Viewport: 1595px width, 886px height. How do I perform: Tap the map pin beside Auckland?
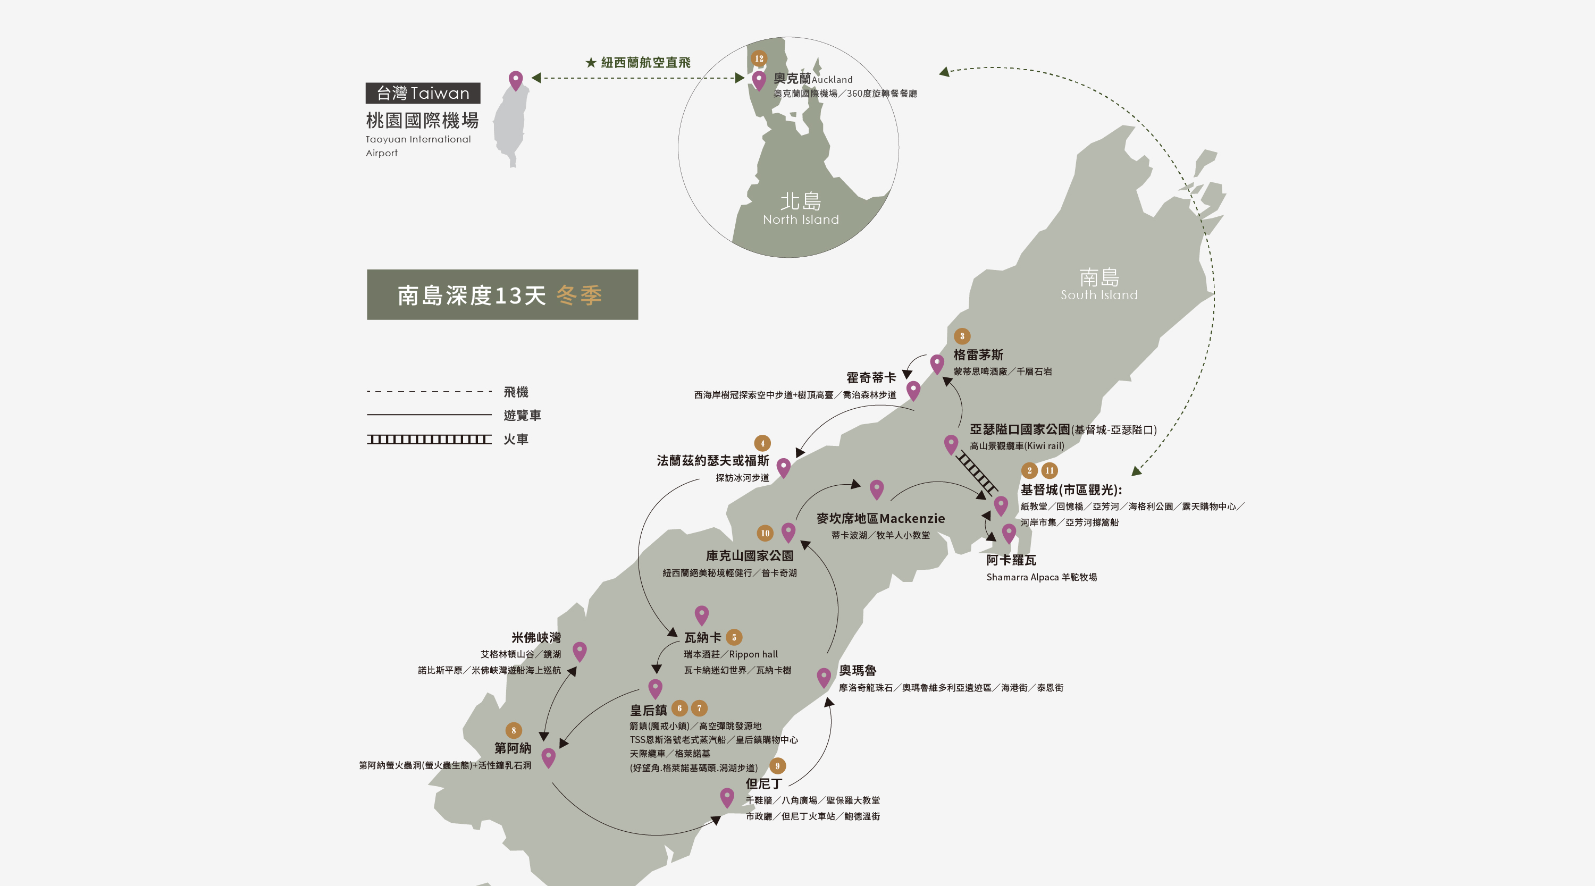(x=759, y=80)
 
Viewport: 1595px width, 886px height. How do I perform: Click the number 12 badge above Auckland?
(x=759, y=58)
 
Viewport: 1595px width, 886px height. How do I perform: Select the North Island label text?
(x=801, y=209)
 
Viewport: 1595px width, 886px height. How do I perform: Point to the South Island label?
(x=1099, y=285)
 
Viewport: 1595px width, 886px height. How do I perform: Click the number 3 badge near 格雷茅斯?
(x=962, y=336)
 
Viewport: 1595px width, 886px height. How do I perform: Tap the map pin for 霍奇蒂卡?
(x=913, y=390)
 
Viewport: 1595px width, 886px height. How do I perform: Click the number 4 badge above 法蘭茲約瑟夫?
(x=762, y=443)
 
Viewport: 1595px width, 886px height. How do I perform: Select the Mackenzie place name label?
(x=880, y=519)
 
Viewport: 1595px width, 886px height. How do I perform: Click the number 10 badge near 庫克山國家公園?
(x=765, y=533)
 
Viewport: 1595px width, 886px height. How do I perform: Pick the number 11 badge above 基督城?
(x=1050, y=470)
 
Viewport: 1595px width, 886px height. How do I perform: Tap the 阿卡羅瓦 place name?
(x=1011, y=560)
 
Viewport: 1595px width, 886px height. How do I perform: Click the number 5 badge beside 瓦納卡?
(x=734, y=637)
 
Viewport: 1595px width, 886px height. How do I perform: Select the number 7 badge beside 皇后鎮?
(x=700, y=708)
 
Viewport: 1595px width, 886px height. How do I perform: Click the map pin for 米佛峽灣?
(x=580, y=650)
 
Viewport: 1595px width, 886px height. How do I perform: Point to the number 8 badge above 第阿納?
(x=513, y=731)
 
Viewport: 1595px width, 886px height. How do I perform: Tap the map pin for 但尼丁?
(x=727, y=796)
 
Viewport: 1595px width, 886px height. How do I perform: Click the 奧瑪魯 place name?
(x=857, y=671)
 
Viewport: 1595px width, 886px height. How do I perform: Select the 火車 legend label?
(x=516, y=440)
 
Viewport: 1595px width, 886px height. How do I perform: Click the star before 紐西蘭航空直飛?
(x=591, y=63)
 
